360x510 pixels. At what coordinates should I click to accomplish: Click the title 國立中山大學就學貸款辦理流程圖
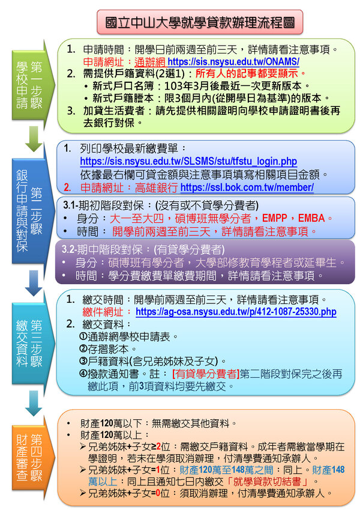(200, 22)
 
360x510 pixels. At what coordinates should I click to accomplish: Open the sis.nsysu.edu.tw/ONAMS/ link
(233, 61)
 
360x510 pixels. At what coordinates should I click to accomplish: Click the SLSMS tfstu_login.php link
(188, 161)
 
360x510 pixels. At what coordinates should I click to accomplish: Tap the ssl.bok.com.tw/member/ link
(247, 187)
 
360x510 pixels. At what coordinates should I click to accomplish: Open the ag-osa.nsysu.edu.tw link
(236, 312)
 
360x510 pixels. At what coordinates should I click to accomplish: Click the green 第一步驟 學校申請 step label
(29, 85)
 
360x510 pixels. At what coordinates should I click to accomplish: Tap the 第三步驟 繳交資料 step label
(29, 344)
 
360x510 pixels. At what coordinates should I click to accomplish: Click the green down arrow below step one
(34, 139)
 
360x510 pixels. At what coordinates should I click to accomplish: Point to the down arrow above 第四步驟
(34, 403)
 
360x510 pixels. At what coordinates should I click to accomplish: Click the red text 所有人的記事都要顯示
(247, 73)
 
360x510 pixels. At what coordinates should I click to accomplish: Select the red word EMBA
(311, 218)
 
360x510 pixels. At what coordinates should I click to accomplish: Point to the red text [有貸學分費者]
(206, 374)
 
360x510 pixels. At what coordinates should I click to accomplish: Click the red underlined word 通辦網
(150, 61)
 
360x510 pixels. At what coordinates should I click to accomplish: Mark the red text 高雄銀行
(156, 187)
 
